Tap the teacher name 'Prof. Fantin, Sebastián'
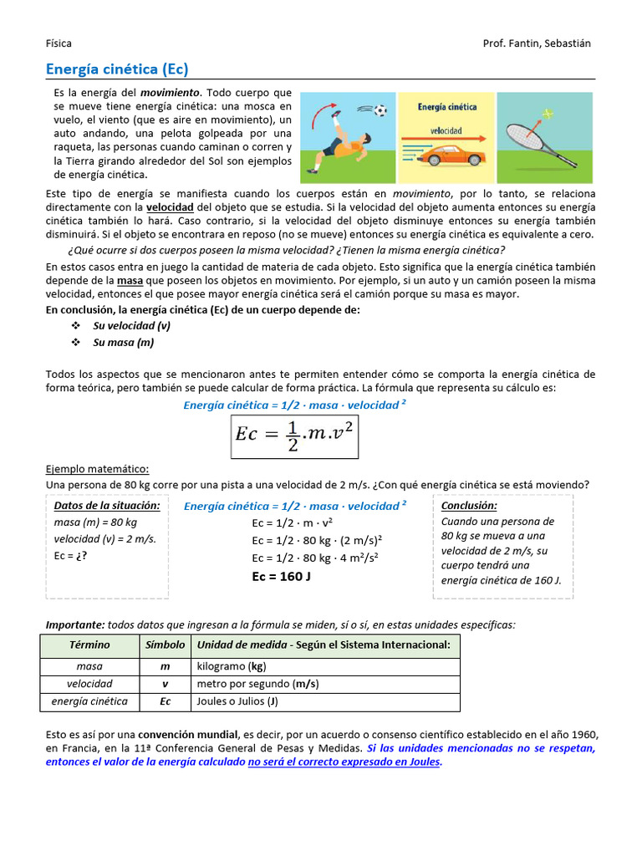coord(537,43)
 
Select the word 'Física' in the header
coord(59,43)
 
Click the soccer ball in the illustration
coord(381,110)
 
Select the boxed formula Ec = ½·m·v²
coord(295,436)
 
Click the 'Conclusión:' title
coord(469,506)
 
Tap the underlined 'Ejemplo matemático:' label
coord(97,469)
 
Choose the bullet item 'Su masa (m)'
coord(123,342)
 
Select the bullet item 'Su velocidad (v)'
coord(131,325)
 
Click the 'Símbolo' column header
coord(166,645)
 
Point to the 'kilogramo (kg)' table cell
coord(232,666)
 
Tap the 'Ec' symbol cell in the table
coord(166,701)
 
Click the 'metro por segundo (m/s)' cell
coord(257,684)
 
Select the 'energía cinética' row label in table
coord(89,701)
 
